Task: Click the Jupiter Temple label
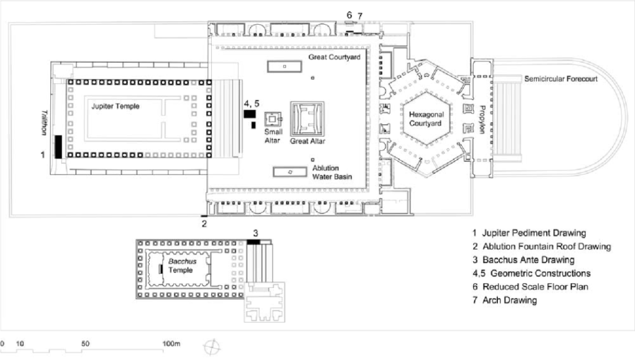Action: [115, 106]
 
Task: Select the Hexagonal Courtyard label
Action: [426, 119]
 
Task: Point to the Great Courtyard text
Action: [334, 57]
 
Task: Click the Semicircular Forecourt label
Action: [561, 79]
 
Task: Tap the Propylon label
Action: [482, 119]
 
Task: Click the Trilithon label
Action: [44, 122]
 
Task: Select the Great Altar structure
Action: [307, 119]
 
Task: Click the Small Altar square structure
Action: [272, 119]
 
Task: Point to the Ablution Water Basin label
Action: [331, 172]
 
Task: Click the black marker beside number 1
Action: [59, 147]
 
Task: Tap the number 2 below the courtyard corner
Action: [204, 223]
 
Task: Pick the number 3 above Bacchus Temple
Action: [256, 233]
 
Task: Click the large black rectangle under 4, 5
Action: [250, 114]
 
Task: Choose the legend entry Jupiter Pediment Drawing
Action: [529, 233]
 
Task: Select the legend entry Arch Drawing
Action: [505, 300]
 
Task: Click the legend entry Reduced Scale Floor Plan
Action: [530, 287]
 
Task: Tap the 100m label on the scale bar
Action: [171, 343]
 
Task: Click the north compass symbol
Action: [212, 347]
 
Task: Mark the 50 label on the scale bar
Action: [85, 343]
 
